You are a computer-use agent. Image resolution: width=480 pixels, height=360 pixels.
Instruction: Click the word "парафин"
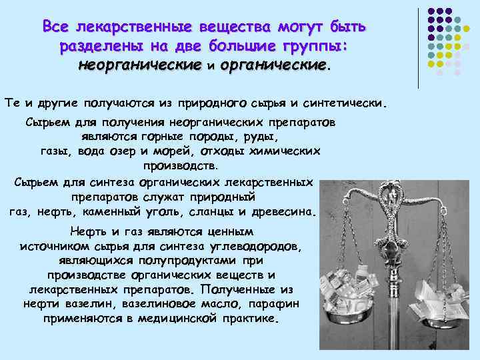point(275,305)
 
